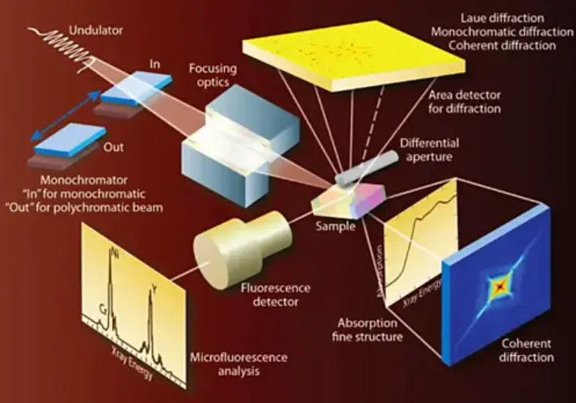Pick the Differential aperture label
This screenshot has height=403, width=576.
point(452,151)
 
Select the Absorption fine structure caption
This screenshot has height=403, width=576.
point(370,330)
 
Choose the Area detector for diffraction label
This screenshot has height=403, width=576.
point(463,101)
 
